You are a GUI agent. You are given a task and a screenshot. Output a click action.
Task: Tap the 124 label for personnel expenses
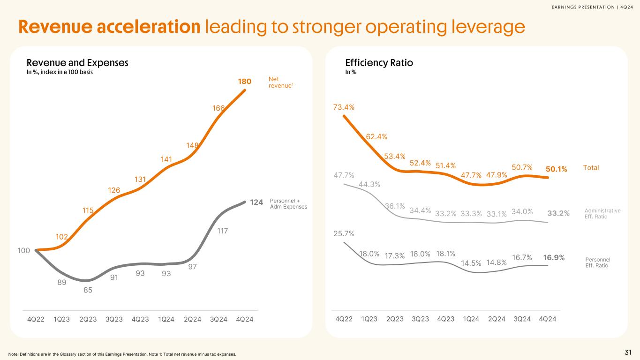click(x=256, y=202)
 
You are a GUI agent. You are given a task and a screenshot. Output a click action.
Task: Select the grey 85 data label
click(x=88, y=290)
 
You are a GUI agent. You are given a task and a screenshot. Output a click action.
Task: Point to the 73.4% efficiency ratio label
click(x=344, y=107)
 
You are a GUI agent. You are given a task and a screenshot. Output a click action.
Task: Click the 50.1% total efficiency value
click(x=557, y=169)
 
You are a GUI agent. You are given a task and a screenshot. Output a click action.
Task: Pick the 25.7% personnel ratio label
click(x=344, y=233)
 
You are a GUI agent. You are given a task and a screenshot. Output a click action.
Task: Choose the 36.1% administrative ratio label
click(x=395, y=206)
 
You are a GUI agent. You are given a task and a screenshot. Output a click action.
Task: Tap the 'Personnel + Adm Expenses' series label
click(x=288, y=204)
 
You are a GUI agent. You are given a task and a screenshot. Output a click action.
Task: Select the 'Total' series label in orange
click(x=591, y=168)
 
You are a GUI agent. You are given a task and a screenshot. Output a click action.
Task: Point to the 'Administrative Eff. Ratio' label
click(x=603, y=213)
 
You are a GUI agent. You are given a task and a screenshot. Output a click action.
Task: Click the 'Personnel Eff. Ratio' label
click(x=598, y=262)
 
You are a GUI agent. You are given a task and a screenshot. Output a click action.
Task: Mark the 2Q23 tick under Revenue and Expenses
click(x=88, y=320)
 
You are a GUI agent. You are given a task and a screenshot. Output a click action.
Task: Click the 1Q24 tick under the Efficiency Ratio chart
click(x=471, y=319)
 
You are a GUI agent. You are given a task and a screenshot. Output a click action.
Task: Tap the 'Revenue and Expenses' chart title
click(x=77, y=62)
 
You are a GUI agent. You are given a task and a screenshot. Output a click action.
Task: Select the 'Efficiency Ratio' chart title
click(x=379, y=62)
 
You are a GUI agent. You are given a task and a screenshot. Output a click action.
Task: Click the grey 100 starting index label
click(x=24, y=250)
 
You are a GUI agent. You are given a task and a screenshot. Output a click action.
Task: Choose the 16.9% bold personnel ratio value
click(x=554, y=257)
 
